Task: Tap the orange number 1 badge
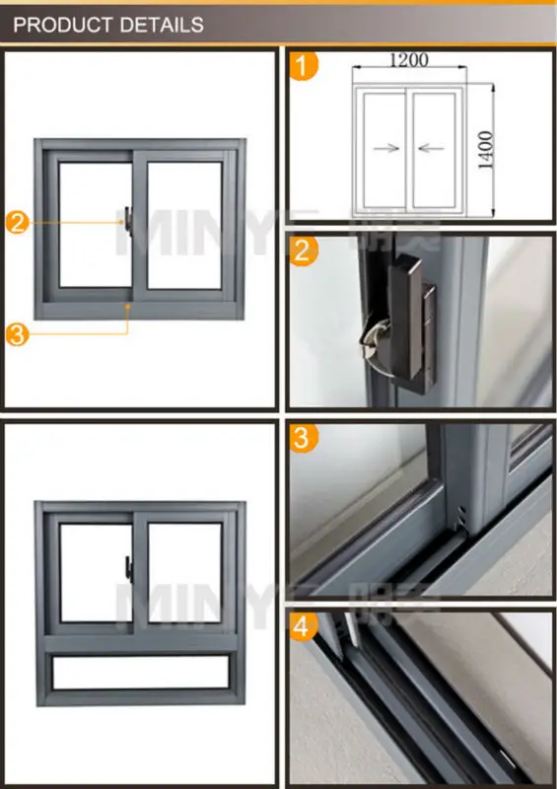(306, 66)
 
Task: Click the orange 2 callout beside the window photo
(18, 223)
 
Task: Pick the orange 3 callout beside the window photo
(18, 334)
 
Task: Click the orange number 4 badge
(306, 625)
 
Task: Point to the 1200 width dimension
(408, 60)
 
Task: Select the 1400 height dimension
(485, 149)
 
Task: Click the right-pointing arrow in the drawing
(386, 149)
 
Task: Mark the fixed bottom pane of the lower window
(138, 674)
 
